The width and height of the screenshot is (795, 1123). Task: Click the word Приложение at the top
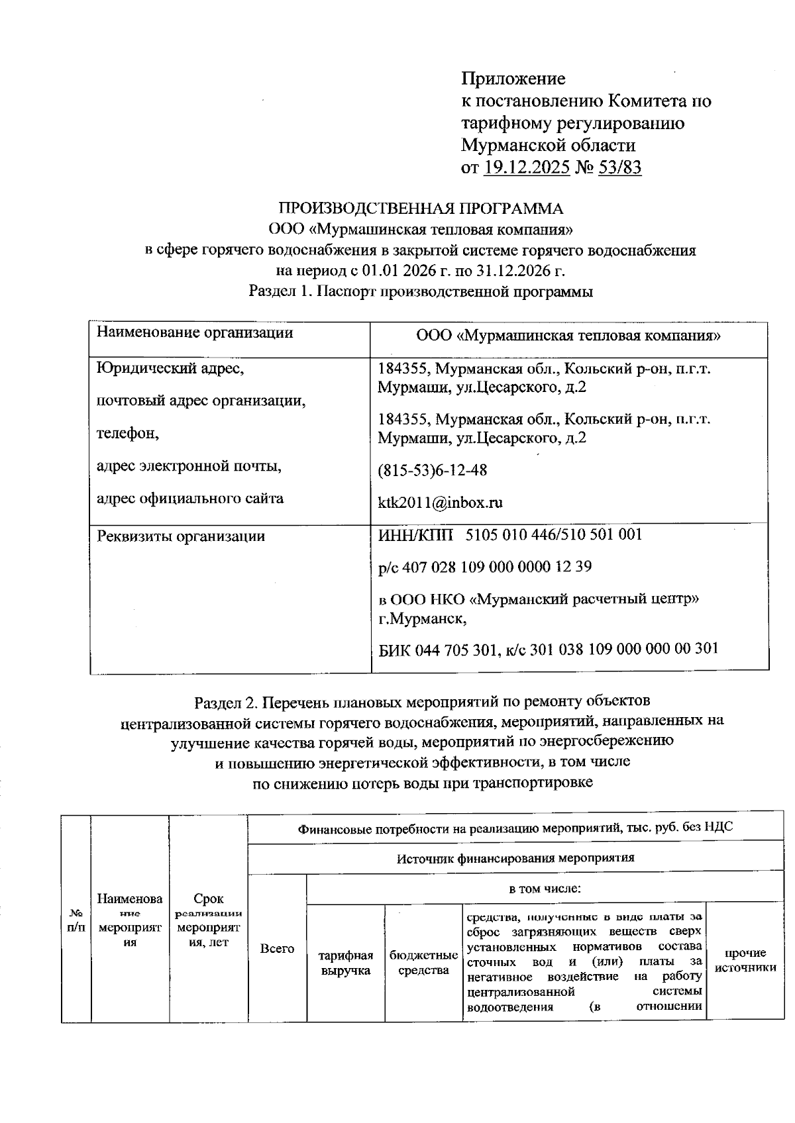[513, 79]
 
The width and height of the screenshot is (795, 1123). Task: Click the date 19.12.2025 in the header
[527, 168]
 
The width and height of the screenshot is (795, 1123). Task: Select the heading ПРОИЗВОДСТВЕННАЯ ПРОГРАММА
[420, 209]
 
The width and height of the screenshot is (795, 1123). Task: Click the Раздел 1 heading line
[420, 291]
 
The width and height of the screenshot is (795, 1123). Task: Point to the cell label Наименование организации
[195, 332]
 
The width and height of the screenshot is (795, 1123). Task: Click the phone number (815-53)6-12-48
[432, 470]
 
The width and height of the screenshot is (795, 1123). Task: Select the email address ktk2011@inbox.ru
[440, 503]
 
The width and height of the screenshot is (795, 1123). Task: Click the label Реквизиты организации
[181, 536]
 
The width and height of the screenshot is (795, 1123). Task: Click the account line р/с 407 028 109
[475, 567]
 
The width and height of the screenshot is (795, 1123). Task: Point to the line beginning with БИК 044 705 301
[548, 649]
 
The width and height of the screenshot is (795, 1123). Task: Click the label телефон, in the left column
[128, 434]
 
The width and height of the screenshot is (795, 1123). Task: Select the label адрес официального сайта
[190, 499]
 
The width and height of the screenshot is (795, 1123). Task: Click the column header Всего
[277, 949]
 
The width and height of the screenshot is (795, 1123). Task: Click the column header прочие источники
[745, 961]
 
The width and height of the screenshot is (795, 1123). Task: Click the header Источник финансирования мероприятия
[515, 859]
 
